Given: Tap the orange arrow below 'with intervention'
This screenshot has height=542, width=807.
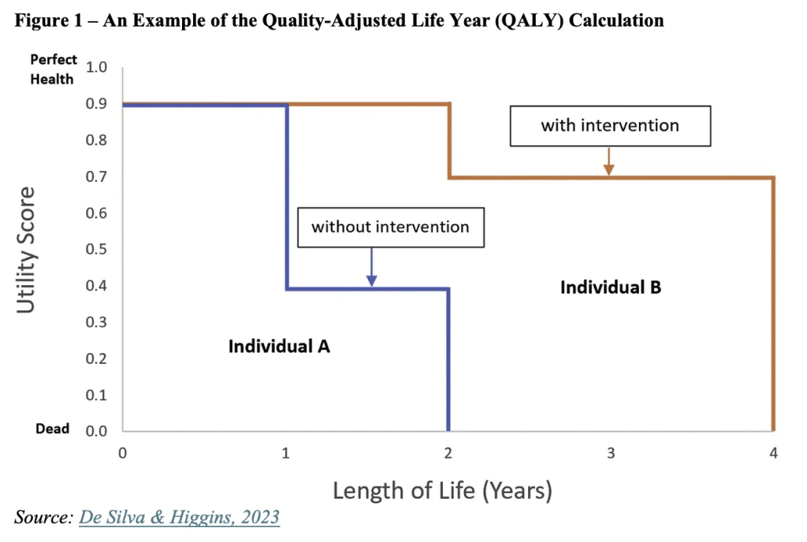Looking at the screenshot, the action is point(609,161).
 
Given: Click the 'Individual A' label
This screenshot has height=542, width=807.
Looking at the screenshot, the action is point(279,346).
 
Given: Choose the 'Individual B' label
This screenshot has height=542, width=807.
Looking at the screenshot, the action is point(611,287).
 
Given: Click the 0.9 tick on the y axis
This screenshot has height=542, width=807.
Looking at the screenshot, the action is point(96,104).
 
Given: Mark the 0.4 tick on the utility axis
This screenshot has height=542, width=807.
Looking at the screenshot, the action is point(96,286).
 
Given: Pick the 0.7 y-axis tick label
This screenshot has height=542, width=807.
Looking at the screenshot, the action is point(96,177).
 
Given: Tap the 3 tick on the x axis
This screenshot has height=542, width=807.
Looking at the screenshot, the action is point(611,453).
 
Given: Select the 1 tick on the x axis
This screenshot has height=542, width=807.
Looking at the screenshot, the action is point(285,453).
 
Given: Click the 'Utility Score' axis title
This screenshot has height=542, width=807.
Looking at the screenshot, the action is point(26,250).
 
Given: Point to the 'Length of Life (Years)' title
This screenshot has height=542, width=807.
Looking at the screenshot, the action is point(443,491).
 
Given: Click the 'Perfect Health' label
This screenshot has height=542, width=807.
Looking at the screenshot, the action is point(53,69).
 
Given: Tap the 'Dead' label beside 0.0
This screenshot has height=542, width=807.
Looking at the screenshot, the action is point(52,429).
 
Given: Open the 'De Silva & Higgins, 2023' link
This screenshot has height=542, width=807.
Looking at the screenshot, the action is point(179,517).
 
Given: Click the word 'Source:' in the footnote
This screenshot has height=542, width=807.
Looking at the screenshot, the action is point(44,517).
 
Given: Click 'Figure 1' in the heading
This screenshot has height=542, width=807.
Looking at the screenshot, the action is point(48,20).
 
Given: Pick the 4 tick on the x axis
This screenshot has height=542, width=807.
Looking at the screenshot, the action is point(774,453).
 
